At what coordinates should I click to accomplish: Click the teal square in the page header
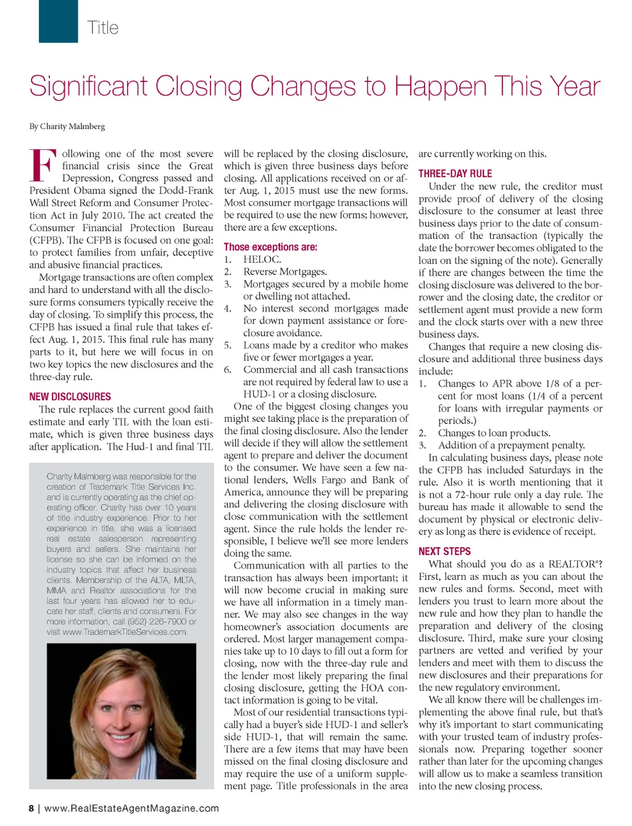(58, 21)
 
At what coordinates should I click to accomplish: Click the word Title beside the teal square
(102, 28)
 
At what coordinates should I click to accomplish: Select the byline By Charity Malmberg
(67, 126)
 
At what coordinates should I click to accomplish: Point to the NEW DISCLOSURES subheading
(70, 397)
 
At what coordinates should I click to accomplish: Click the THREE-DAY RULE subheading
(455, 174)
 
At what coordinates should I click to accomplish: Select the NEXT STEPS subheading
(444, 551)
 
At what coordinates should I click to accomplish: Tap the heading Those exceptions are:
(270, 247)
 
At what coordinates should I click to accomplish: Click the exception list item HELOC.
(262, 260)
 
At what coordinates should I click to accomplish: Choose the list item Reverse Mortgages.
(285, 272)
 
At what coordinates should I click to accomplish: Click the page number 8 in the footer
(31, 808)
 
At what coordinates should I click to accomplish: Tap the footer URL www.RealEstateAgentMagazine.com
(131, 808)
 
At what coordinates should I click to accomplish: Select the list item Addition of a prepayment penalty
(511, 445)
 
